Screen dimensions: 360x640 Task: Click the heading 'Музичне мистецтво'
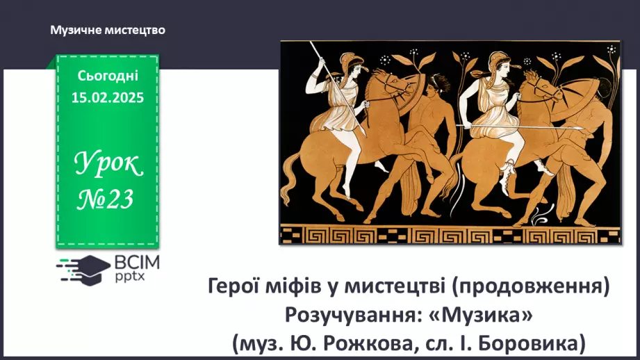coord(108,30)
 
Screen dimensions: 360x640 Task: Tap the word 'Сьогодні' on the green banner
coord(108,76)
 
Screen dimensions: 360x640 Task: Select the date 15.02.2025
coord(108,97)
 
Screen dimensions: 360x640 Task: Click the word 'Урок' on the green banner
coord(108,165)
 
